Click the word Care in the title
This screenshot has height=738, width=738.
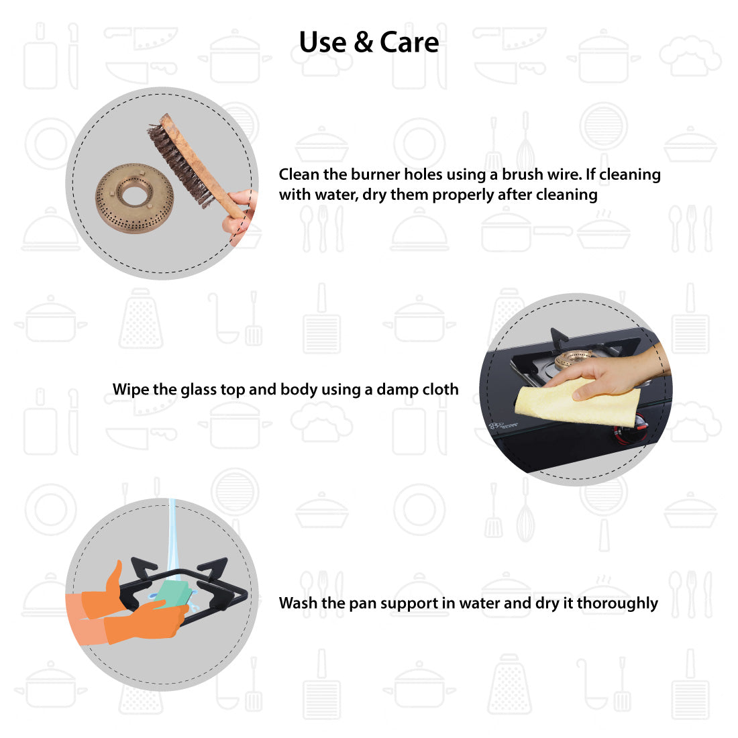click(x=409, y=42)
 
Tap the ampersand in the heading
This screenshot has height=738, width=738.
click(x=364, y=42)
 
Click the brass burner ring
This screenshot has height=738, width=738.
click(x=135, y=198)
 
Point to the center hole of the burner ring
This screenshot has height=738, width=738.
click(x=135, y=193)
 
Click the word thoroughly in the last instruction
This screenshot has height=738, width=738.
click(x=617, y=603)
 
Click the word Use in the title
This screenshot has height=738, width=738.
click(x=323, y=42)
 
